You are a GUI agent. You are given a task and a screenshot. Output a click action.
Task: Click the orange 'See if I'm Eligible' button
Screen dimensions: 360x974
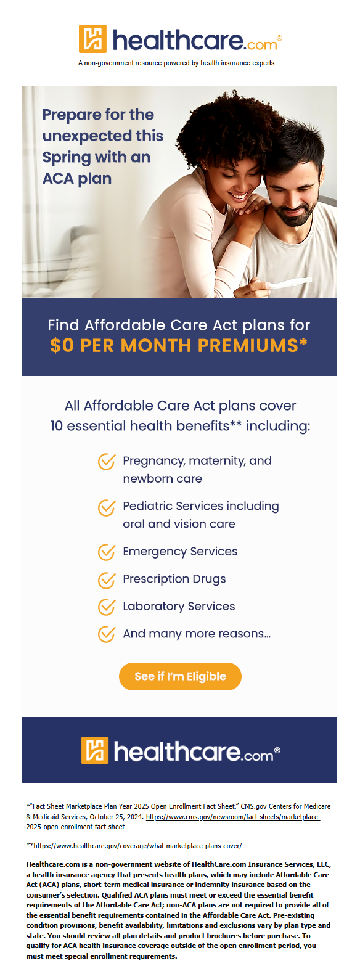click(x=180, y=676)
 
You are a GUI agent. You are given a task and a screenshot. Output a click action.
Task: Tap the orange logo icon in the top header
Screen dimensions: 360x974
click(x=92, y=39)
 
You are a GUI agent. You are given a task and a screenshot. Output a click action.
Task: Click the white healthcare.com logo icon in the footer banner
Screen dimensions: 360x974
click(x=95, y=750)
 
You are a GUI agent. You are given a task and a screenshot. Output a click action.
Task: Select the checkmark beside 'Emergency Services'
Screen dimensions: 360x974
click(x=107, y=552)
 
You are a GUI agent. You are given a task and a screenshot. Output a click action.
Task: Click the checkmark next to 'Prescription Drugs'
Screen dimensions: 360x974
click(x=107, y=579)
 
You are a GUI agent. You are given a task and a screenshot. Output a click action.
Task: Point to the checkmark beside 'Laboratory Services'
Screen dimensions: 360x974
click(x=107, y=607)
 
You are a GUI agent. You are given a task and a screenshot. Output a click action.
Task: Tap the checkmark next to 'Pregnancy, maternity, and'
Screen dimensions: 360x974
click(x=107, y=461)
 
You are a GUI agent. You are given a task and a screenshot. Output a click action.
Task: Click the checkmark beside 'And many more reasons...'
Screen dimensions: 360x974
click(x=107, y=634)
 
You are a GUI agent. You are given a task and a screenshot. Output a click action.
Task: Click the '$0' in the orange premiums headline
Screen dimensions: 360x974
click(x=62, y=346)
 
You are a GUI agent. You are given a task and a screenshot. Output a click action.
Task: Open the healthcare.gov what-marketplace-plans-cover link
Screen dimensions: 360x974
click(x=137, y=846)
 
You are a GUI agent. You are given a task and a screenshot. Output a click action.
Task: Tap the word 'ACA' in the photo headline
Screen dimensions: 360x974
click(x=57, y=178)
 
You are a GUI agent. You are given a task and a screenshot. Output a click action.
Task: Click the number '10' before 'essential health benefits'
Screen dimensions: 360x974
click(x=57, y=426)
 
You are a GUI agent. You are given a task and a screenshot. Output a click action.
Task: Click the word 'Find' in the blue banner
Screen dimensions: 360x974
click(x=63, y=325)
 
